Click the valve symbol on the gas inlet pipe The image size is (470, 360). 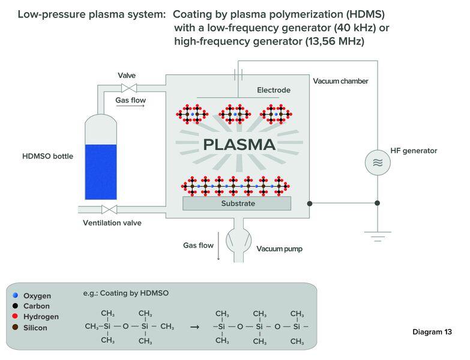tap(129, 88)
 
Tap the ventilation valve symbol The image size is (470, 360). tap(109, 209)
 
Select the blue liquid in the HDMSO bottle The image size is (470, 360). tap(101, 172)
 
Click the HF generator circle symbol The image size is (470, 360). tap(378, 163)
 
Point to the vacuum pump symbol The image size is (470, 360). tap(238, 241)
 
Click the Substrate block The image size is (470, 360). tap(237, 203)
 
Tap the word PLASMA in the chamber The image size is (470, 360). tap(239, 145)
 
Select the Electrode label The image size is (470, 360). tap(274, 90)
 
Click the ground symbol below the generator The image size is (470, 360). tap(378, 236)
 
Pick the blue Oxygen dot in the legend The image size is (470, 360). tap(15, 295)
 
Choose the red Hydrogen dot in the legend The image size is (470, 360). tap(15, 316)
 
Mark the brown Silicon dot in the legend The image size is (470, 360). tap(15, 327)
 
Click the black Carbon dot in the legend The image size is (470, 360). tap(15, 306)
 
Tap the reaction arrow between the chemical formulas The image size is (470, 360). tap(195, 327)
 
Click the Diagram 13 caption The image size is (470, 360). tap(432, 332)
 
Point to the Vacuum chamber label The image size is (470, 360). tap(340, 81)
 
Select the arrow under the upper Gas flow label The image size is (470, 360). tap(130, 106)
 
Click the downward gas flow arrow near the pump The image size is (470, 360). tap(218, 245)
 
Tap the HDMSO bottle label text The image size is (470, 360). tap(47, 156)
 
